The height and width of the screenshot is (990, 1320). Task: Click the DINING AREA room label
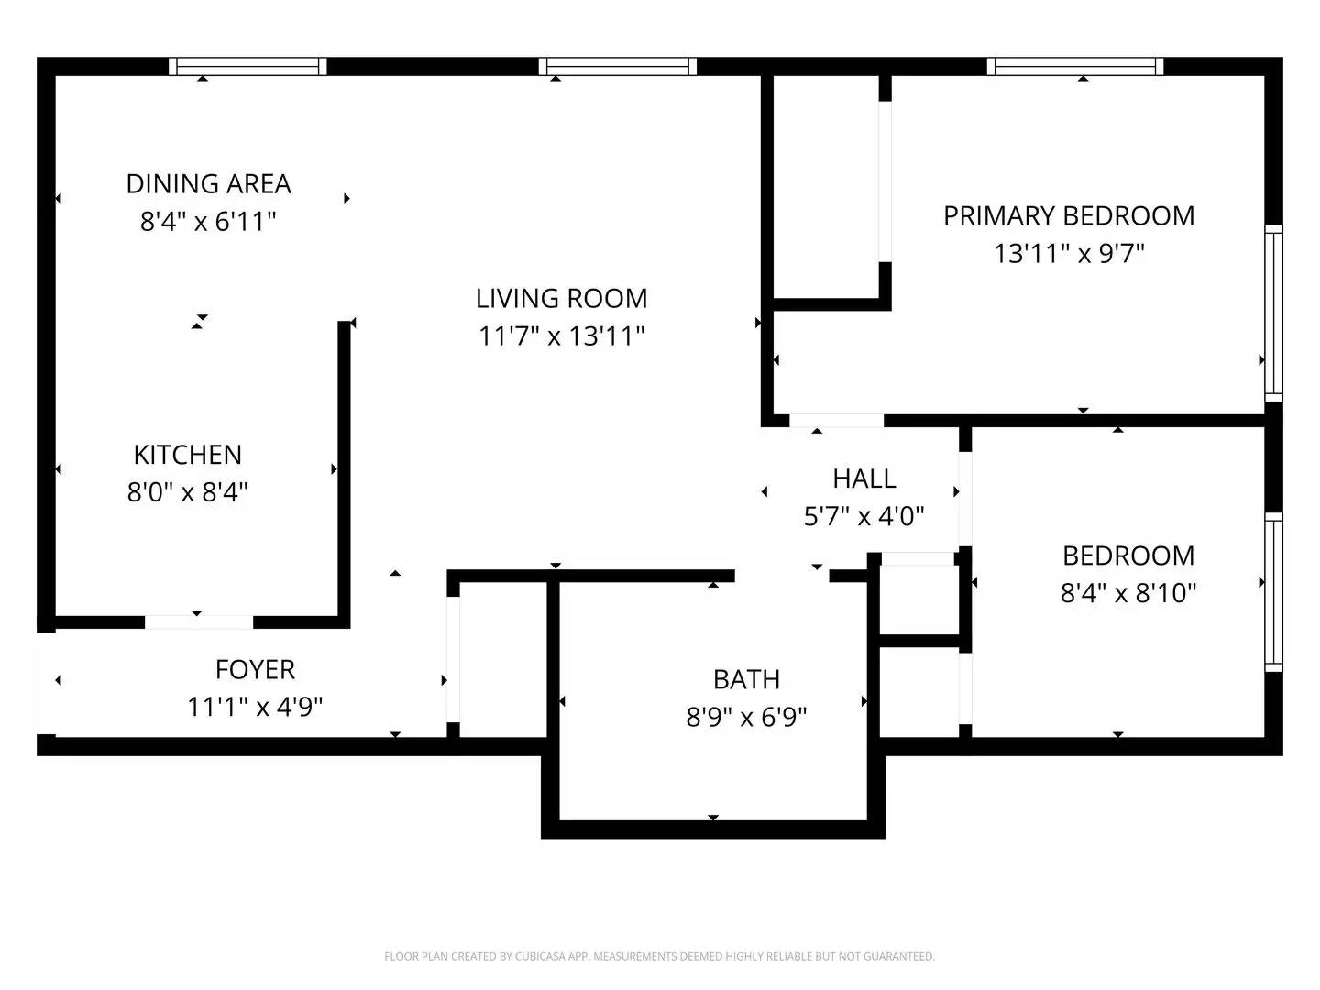point(208,184)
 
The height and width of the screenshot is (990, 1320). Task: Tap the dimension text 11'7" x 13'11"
point(561,336)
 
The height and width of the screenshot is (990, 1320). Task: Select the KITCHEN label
point(188,455)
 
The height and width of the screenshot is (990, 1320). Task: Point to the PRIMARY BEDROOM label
point(1069,216)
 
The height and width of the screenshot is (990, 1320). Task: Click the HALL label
point(864,479)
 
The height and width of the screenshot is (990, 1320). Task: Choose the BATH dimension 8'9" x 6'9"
point(745,717)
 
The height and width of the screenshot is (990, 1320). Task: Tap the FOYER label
point(255,669)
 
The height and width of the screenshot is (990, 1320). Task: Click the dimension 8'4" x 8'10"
point(1128,593)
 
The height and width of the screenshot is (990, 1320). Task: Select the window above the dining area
point(247,66)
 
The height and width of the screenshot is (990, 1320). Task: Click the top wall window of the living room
point(618,66)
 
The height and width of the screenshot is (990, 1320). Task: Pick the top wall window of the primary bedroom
point(1074,66)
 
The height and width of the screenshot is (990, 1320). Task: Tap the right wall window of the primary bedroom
point(1273,313)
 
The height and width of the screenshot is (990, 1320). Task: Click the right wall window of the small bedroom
point(1273,592)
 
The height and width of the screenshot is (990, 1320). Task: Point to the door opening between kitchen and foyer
point(199,622)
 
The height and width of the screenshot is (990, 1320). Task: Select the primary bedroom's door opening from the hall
point(836,420)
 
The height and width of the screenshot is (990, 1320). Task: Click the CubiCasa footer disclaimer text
point(659,956)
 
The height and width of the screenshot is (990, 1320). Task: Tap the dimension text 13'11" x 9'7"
point(1069,254)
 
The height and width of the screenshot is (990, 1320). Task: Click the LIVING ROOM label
point(561,299)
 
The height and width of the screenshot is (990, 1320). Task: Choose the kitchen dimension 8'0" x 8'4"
point(188,492)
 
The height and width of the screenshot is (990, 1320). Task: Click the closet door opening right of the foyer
point(454,659)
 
